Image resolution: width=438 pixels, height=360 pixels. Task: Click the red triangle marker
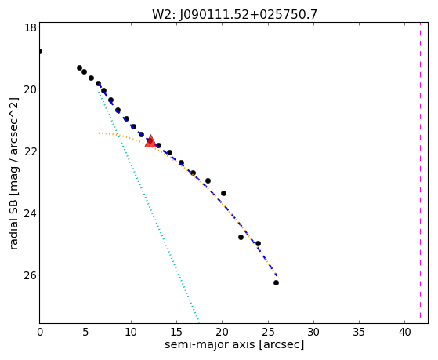click(x=150, y=141)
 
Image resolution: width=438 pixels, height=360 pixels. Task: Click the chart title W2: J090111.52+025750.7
click(x=234, y=15)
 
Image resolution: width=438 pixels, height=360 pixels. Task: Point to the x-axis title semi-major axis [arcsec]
click(x=234, y=344)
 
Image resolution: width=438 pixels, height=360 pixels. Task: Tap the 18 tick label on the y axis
click(x=30, y=27)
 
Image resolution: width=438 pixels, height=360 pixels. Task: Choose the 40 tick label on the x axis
click(x=405, y=332)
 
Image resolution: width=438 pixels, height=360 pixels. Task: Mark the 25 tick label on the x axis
click(x=268, y=332)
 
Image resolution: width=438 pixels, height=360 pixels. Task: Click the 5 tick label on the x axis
click(x=85, y=332)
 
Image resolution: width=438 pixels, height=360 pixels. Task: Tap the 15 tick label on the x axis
click(x=176, y=332)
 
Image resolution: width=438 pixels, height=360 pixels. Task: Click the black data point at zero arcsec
click(x=40, y=52)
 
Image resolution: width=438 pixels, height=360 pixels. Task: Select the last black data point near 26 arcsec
click(x=276, y=283)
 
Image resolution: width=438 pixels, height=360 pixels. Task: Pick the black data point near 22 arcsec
click(x=241, y=237)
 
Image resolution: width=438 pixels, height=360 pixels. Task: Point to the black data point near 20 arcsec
click(x=223, y=193)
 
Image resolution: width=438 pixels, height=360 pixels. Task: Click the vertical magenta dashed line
click(x=420, y=173)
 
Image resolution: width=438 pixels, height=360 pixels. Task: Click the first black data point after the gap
click(x=79, y=68)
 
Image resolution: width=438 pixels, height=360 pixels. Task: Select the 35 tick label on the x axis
click(x=359, y=332)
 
